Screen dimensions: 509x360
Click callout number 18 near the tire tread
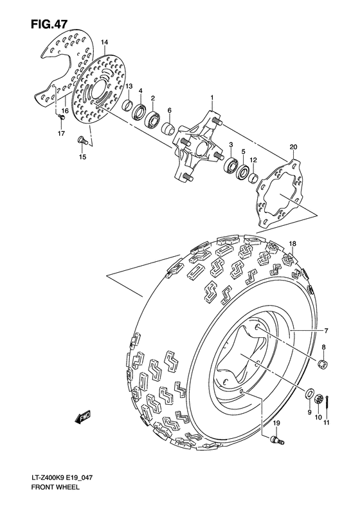coord(292,244)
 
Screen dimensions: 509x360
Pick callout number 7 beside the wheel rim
coord(326,331)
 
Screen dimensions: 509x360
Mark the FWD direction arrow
coord(82,419)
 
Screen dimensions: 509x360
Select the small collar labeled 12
coord(253,178)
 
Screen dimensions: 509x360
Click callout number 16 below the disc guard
coord(64,111)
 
